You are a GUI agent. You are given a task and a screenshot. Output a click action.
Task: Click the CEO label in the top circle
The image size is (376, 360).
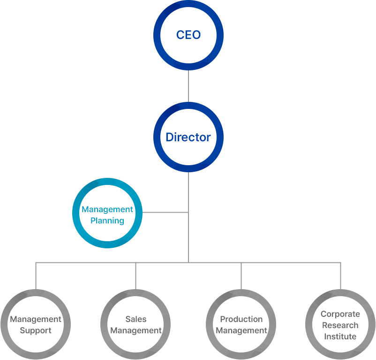click(x=188, y=35)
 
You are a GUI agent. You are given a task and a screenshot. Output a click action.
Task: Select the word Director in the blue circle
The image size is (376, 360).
click(x=188, y=138)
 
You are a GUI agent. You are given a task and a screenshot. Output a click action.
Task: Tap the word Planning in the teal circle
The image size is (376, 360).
click(x=107, y=221)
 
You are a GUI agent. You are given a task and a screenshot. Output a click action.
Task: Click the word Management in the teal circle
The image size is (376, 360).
click(x=107, y=209)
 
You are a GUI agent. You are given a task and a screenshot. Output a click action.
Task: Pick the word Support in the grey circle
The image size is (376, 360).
click(x=36, y=330)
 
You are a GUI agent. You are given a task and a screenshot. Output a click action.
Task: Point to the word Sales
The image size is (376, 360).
click(x=136, y=319)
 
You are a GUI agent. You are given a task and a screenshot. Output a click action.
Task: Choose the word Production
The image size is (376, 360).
click(x=241, y=319)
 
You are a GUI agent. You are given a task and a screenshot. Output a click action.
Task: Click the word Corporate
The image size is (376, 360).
click(x=340, y=314)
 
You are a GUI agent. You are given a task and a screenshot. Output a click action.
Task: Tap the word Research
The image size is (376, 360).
click(x=340, y=325)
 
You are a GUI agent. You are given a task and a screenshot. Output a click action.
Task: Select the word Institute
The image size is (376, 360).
click(x=340, y=337)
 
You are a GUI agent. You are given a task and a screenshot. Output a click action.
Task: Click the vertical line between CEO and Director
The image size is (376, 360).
click(x=188, y=86)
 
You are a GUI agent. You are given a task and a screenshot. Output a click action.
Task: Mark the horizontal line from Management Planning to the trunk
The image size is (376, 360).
click(x=165, y=213)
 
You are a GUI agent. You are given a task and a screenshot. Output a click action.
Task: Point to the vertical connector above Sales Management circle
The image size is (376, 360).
click(x=136, y=276)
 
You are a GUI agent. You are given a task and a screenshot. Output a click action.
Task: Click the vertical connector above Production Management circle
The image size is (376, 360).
click(x=241, y=276)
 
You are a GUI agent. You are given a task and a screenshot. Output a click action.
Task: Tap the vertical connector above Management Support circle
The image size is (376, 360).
click(x=36, y=276)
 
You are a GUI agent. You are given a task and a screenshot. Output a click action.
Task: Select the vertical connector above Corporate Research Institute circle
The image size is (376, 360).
click(x=340, y=276)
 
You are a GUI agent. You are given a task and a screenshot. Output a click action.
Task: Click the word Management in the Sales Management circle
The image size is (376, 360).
click(x=136, y=330)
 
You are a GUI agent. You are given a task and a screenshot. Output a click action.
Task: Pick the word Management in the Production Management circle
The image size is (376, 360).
click(x=241, y=330)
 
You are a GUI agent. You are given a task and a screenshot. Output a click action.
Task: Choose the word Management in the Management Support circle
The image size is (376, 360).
click(x=36, y=319)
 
